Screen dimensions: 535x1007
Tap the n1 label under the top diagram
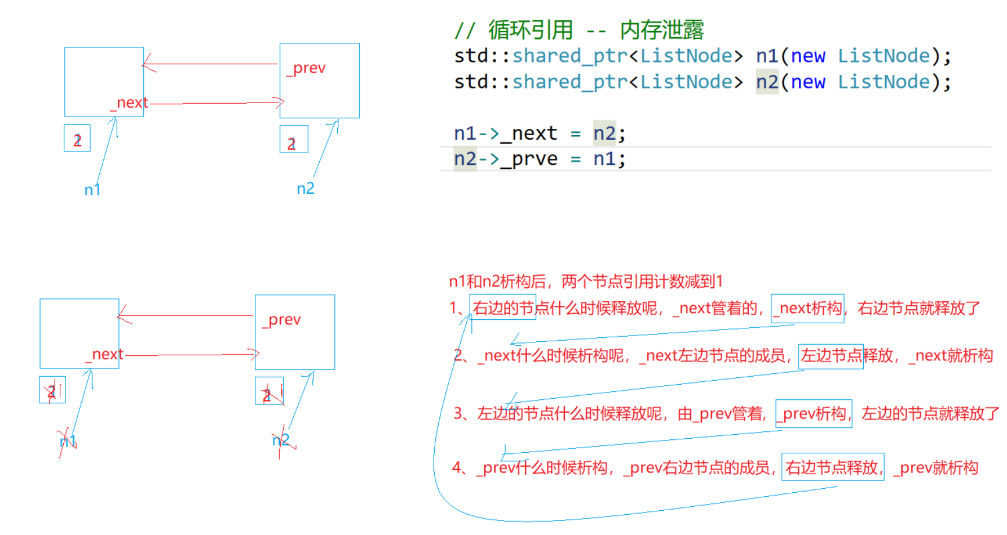point(92,190)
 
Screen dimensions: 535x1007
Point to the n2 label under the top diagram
point(306,188)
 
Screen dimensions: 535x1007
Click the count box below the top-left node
point(77,139)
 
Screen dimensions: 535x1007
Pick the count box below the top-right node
point(294,139)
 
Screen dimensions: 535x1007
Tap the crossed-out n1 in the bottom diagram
point(68,442)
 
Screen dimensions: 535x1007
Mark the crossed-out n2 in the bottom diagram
point(281,440)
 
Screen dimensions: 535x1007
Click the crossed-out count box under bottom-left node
point(52,390)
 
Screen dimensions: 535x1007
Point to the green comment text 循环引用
point(531,30)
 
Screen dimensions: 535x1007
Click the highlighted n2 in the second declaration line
point(767,82)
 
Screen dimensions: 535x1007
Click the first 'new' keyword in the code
point(807,56)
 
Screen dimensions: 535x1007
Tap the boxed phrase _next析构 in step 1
point(807,308)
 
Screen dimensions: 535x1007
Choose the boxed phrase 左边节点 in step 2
point(831,356)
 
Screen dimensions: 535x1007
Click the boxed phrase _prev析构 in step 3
point(814,414)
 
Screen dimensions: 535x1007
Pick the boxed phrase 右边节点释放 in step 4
point(832,467)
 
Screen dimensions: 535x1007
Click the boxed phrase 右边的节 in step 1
point(502,308)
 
